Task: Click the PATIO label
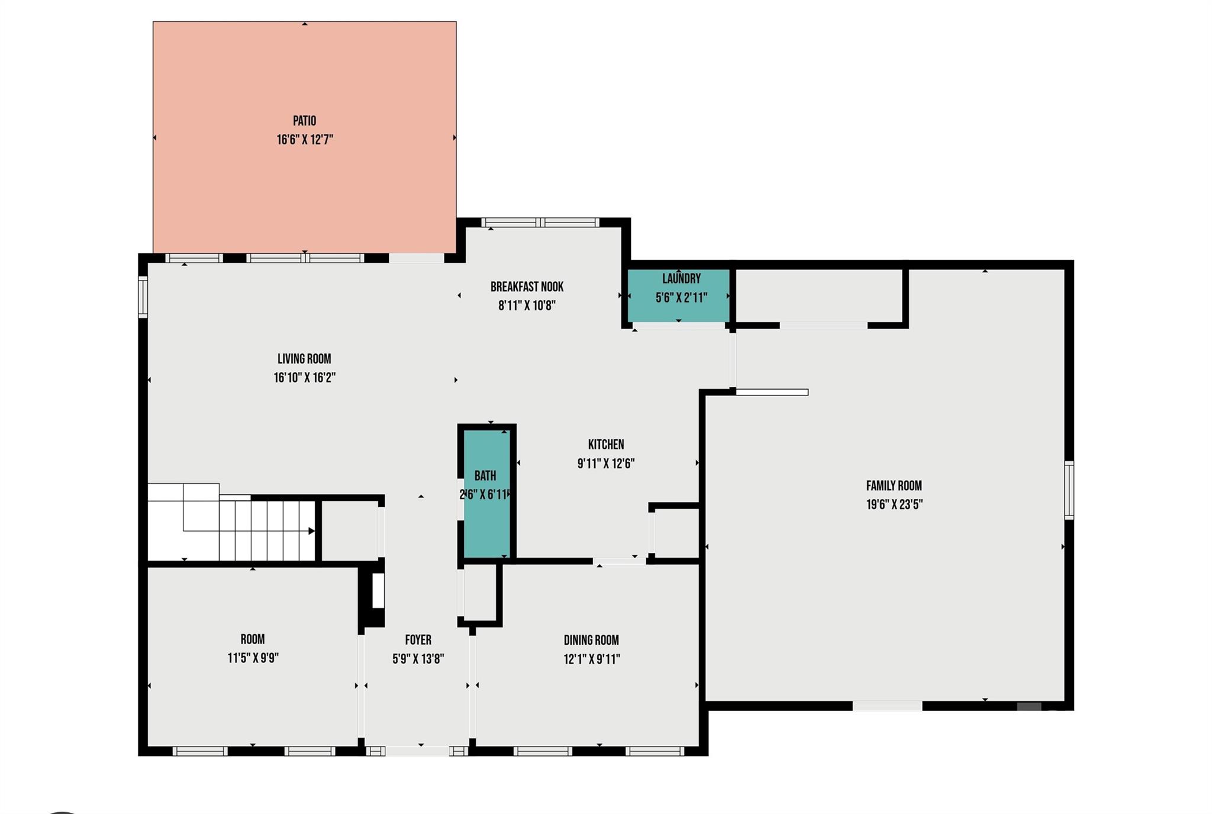pos(304,121)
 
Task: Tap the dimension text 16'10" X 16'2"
pos(304,378)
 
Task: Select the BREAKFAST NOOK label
pos(527,287)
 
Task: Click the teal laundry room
pos(679,295)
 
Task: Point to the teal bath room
pos(486,494)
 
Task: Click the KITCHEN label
pos(606,445)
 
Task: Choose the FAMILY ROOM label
pos(894,486)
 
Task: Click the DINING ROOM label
pos(591,640)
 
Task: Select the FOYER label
pos(418,640)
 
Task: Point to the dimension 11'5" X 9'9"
pos(253,658)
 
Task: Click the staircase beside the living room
pos(231,522)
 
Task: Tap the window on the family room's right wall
pos(1069,490)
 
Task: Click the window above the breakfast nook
pos(540,223)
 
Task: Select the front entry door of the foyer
pos(417,751)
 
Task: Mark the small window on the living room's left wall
pos(143,297)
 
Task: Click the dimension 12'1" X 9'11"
pos(591,659)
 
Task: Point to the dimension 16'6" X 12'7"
pos(305,140)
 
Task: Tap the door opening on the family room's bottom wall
pos(887,706)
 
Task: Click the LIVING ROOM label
pos(304,359)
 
